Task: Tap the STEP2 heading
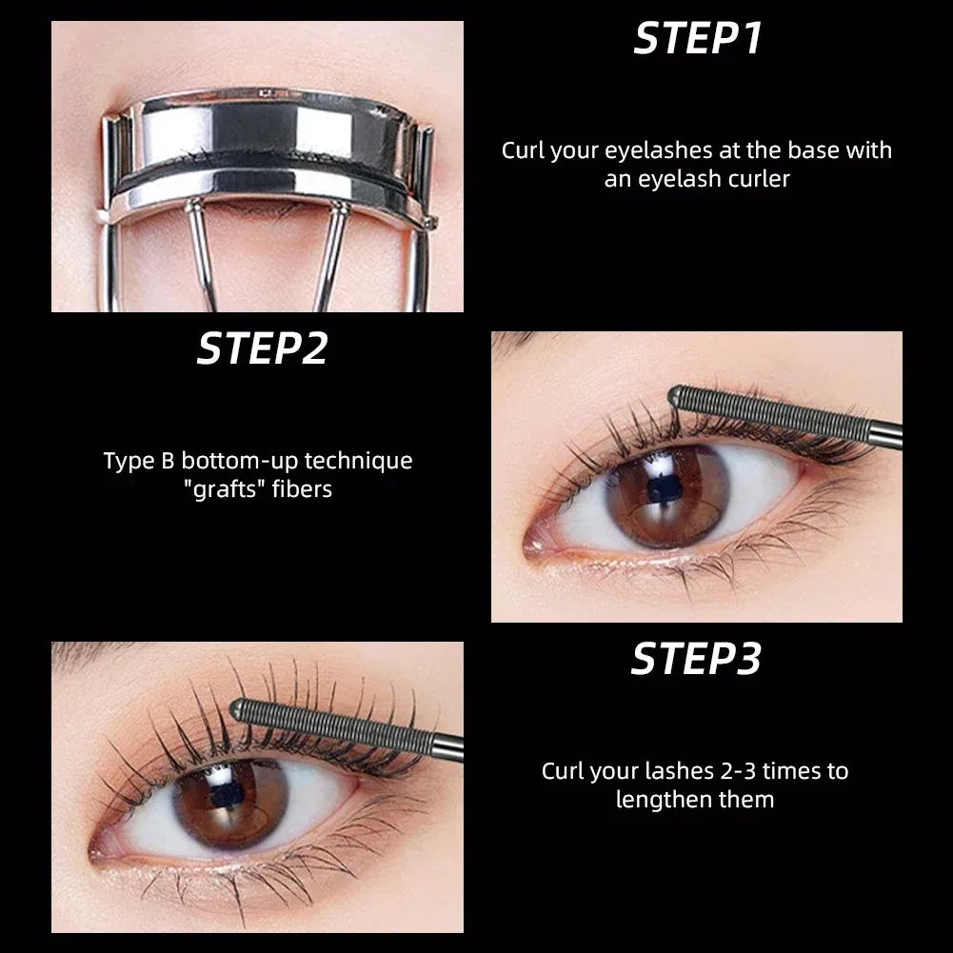[x=262, y=348]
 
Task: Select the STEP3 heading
[x=697, y=659]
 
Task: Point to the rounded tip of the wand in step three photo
[x=239, y=708]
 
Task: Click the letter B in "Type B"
[x=165, y=462]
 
